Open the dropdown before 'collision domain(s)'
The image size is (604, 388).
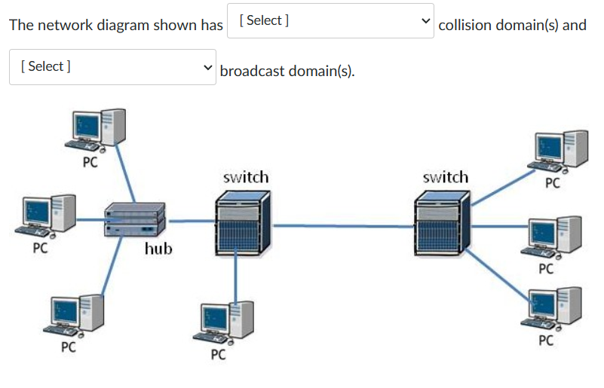(330, 21)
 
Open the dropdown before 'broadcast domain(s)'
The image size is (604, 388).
(112, 67)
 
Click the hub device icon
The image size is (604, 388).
(134, 220)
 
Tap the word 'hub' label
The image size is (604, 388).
(158, 248)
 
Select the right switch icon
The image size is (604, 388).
(442, 222)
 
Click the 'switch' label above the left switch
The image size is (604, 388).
(246, 177)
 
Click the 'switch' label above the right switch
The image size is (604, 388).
(445, 177)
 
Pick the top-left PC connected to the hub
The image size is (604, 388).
(95, 131)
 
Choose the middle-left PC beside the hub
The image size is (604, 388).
(48, 216)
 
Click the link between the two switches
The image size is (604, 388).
(343, 225)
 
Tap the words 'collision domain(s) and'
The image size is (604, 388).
(512, 25)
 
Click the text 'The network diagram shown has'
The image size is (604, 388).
(115, 25)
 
